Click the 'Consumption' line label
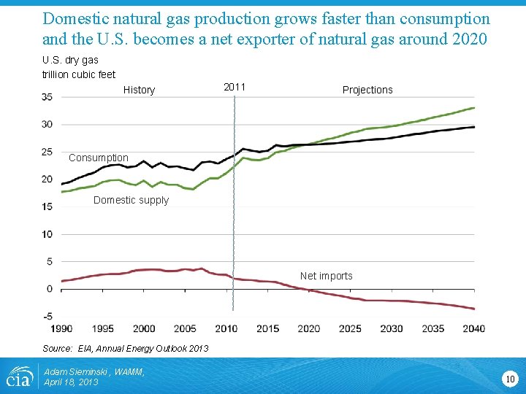coord(98,158)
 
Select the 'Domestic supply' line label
coord(131,200)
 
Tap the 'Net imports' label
coord(326,276)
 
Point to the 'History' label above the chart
coord(139,90)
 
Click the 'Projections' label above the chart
coord(367,90)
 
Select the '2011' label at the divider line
coord(234,87)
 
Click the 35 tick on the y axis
coord(47,97)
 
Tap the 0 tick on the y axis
coord(49,289)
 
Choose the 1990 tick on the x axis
coord(61,328)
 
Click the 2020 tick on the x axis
coord(308,328)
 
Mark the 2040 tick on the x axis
coord(473,328)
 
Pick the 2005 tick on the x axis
coord(185,328)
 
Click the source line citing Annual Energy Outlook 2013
coord(125,348)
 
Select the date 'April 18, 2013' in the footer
coord(71,382)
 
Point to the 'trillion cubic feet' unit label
coord(78,74)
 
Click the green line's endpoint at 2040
coord(474,108)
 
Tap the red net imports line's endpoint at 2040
coord(474,309)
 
